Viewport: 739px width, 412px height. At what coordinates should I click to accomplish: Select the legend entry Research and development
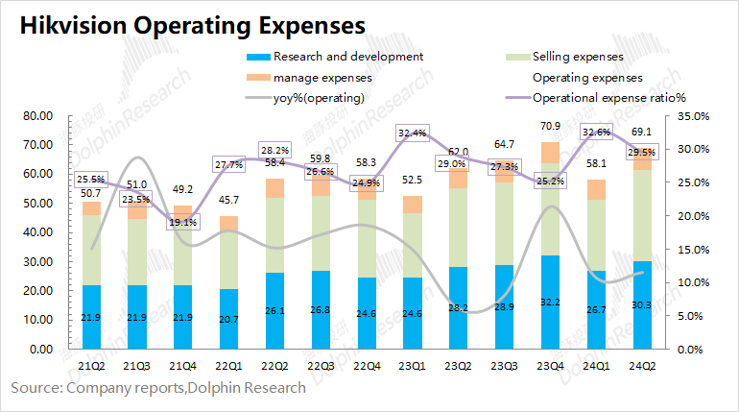pos(335,57)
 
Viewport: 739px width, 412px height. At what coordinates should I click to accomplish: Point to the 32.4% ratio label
pos(415,133)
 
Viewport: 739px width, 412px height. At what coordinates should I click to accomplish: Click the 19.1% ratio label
pos(181,222)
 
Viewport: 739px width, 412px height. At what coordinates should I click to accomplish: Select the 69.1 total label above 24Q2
pos(642,132)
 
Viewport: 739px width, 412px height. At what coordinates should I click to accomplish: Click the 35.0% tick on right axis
pos(692,116)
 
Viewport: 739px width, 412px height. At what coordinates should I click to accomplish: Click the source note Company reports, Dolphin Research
pos(158,388)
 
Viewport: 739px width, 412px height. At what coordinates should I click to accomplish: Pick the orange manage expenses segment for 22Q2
pos(274,187)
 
